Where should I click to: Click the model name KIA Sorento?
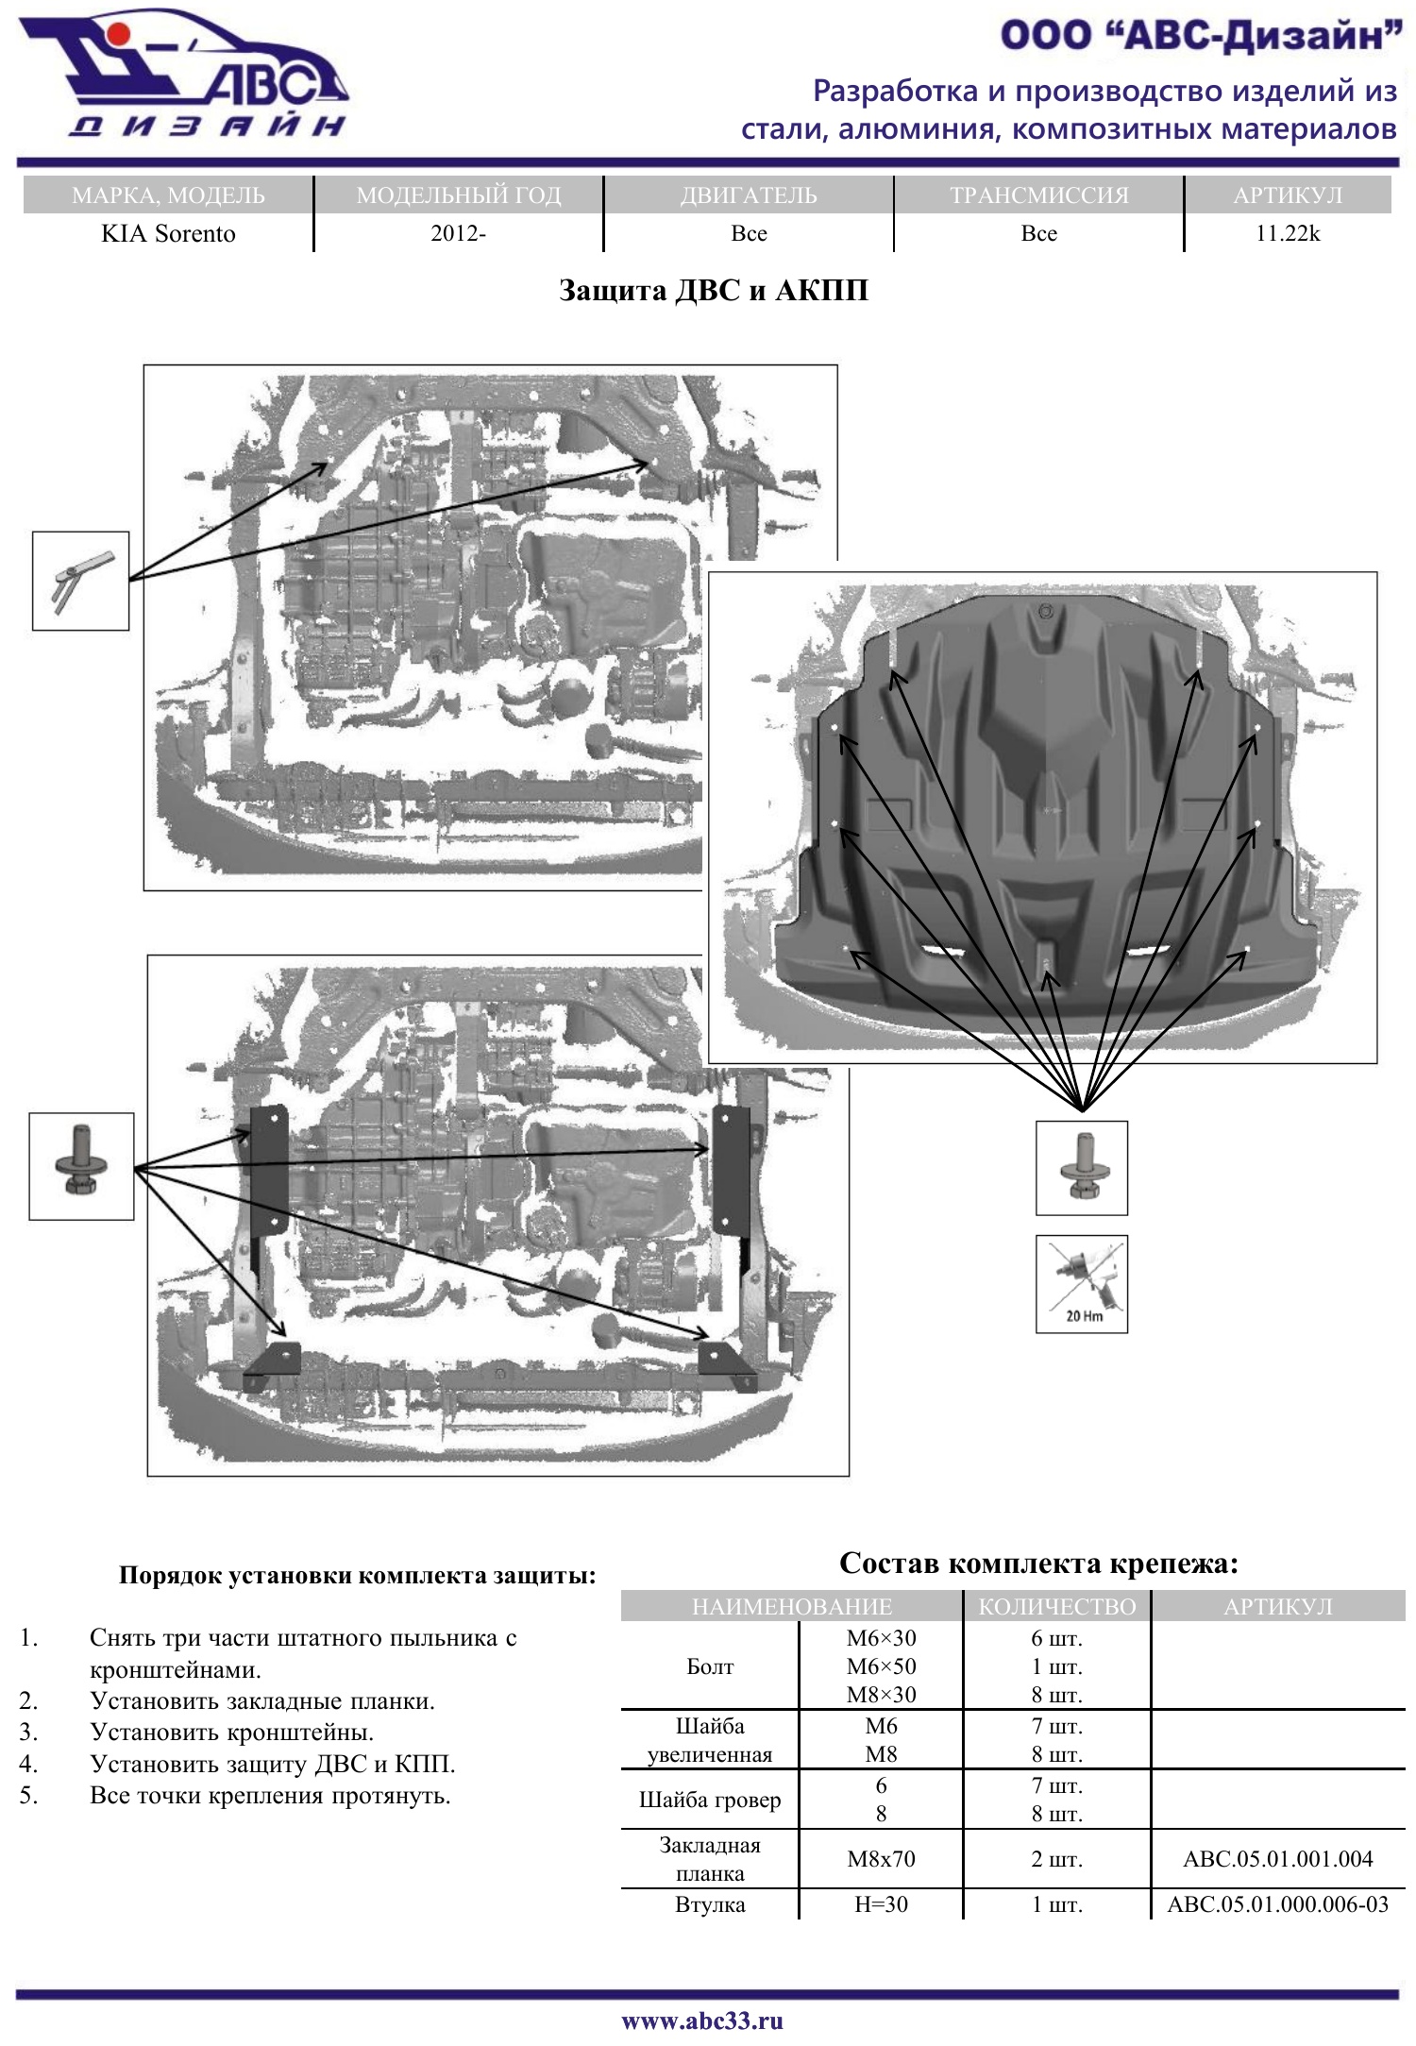click(x=168, y=233)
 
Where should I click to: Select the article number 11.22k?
click(x=1287, y=233)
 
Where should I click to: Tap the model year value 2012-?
click(x=458, y=233)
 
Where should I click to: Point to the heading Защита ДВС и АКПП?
click(x=713, y=290)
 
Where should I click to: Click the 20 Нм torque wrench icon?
click(x=1082, y=1284)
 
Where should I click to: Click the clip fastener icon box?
click(x=80, y=581)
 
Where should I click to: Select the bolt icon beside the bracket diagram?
click(x=81, y=1166)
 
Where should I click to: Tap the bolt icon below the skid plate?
click(x=1082, y=1168)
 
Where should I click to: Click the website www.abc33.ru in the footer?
click(x=702, y=2021)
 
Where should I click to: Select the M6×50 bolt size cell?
click(x=881, y=1666)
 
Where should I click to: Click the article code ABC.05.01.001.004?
click(x=1277, y=1858)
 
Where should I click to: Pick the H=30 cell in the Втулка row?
click(x=881, y=1903)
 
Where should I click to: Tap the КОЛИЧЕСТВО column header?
click(x=1056, y=1606)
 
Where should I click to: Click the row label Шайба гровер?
click(x=710, y=1799)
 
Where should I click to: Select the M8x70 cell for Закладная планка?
click(x=881, y=1858)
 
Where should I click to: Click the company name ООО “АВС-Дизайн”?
click(x=1201, y=36)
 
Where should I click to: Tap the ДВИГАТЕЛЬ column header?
click(x=749, y=194)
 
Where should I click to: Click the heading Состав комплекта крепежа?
click(x=1038, y=1563)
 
